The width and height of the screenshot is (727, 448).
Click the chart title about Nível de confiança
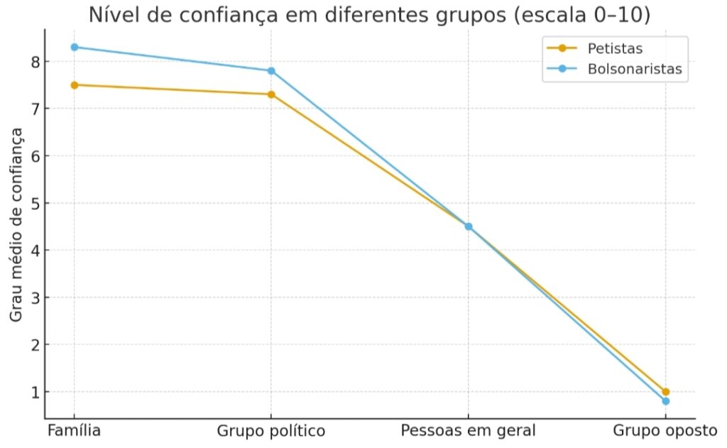[x=369, y=15]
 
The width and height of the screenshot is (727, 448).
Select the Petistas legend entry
[x=615, y=48]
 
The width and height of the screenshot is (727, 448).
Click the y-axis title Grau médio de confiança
[x=16, y=225]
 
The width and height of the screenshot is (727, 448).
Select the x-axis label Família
[x=74, y=431]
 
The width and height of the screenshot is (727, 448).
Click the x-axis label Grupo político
[x=270, y=431]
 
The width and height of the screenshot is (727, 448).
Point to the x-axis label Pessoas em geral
[x=468, y=431]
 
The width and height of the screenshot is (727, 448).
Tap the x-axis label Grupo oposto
[x=665, y=431]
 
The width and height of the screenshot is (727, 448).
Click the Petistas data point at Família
[x=74, y=85]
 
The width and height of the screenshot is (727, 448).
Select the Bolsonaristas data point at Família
[x=74, y=47]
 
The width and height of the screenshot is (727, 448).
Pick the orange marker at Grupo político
[x=271, y=94]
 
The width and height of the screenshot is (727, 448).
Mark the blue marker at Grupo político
[x=271, y=71]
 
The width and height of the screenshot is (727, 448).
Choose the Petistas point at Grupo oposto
[x=665, y=392]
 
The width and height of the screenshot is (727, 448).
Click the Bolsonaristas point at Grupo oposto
[x=665, y=401]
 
